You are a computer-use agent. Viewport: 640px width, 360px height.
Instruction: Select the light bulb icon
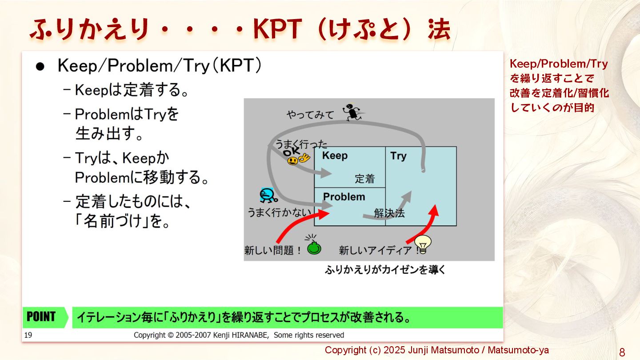point(423,244)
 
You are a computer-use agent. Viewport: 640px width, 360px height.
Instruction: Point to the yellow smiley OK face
point(295,157)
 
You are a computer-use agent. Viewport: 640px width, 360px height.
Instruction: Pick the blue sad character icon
point(268,196)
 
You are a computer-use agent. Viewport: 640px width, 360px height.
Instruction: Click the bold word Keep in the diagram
point(335,156)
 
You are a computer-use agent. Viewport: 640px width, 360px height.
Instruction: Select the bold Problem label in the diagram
point(344,197)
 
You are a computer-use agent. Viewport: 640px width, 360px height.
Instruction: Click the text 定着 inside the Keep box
point(364,179)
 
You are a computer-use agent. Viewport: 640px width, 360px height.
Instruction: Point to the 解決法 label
point(389,213)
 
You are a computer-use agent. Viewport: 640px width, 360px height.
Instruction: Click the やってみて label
point(310,115)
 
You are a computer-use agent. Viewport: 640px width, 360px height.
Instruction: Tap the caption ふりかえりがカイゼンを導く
point(385,269)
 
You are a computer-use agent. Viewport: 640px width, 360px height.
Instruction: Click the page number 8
point(622,353)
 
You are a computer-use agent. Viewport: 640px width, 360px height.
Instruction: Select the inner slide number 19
point(28,335)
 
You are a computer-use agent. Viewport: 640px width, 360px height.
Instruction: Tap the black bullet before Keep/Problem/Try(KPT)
point(40,67)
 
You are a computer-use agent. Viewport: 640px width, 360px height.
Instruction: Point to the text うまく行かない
point(280,212)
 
